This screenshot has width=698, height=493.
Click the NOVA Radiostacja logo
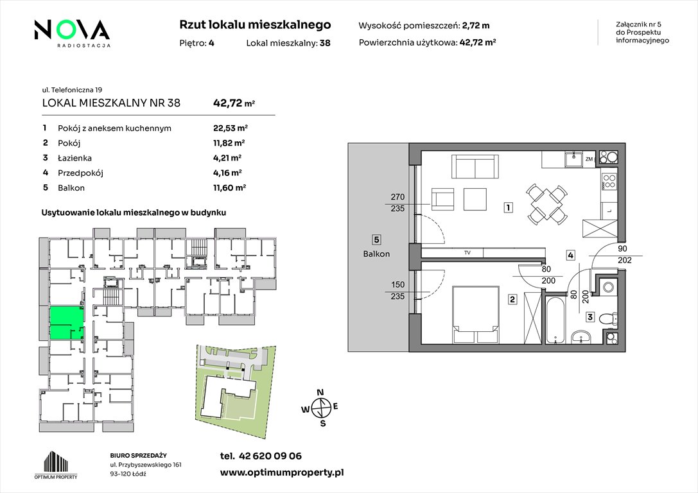click(x=72, y=33)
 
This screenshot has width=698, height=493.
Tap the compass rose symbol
click(x=320, y=407)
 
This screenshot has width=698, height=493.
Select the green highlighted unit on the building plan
click(x=66, y=324)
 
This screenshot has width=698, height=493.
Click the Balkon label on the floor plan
click(x=376, y=254)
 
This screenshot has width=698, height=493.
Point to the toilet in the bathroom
click(x=607, y=318)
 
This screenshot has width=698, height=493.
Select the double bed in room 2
click(x=475, y=315)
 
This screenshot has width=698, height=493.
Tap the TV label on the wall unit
click(x=467, y=253)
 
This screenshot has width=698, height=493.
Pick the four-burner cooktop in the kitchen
click(x=609, y=180)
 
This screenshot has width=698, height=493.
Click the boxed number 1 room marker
click(x=508, y=207)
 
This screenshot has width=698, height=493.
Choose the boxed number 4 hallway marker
click(x=571, y=255)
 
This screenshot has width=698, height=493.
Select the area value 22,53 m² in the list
click(x=230, y=128)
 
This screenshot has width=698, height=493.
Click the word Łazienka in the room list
click(x=74, y=157)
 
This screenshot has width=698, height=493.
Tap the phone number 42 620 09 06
click(x=270, y=456)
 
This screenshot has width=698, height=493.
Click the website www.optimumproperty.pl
click(x=282, y=473)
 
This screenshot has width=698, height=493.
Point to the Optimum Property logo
click(x=56, y=465)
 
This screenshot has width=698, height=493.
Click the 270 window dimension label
click(x=397, y=196)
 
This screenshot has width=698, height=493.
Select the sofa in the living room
click(x=475, y=166)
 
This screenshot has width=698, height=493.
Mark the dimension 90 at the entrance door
click(x=622, y=248)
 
